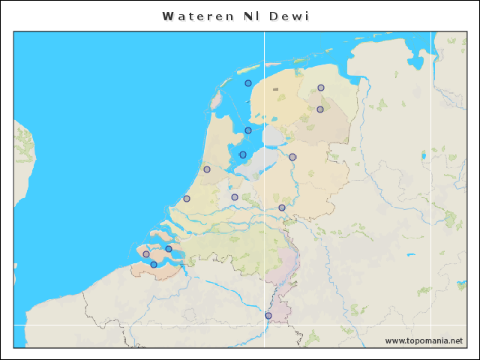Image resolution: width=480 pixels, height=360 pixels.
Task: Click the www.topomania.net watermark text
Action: (x=424, y=340)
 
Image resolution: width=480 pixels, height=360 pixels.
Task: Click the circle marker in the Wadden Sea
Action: (x=248, y=83)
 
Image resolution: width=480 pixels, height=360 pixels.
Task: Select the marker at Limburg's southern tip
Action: (x=268, y=316)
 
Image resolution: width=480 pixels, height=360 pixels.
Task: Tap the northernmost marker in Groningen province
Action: (x=321, y=88)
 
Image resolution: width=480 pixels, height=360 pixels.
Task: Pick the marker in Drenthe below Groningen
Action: (x=320, y=109)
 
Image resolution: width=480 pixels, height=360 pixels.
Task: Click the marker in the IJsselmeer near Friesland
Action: (x=248, y=130)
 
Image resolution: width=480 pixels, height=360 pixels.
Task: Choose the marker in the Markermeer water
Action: (x=243, y=155)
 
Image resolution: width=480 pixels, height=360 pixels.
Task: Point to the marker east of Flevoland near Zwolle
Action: (x=292, y=157)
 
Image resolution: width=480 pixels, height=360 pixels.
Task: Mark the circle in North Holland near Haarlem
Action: (x=207, y=169)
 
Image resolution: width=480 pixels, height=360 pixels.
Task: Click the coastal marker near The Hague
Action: (x=187, y=199)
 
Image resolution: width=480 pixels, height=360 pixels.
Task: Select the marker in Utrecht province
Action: (x=235, y=197)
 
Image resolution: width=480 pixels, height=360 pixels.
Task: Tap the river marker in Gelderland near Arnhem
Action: (x=282, y=208)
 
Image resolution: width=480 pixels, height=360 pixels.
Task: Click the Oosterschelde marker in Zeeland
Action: (x=169, y=249)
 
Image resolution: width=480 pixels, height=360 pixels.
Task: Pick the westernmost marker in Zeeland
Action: (x=146, y=254)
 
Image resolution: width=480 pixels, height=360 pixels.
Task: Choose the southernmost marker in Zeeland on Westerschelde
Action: (x=154, y=264)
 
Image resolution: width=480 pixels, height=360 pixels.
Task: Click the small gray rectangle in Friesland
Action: (x=276, y=89)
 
